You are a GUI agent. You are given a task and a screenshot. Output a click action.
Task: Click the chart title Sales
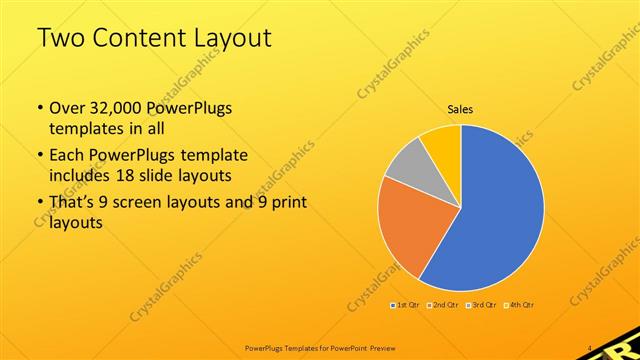(460, 109)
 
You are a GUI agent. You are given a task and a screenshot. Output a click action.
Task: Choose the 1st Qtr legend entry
(405, 304)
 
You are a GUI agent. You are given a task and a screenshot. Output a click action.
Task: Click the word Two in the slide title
(59, 38)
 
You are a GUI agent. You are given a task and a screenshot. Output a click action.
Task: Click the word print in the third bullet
(287, 203)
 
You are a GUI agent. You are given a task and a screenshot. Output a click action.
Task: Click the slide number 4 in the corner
(592, 348)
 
